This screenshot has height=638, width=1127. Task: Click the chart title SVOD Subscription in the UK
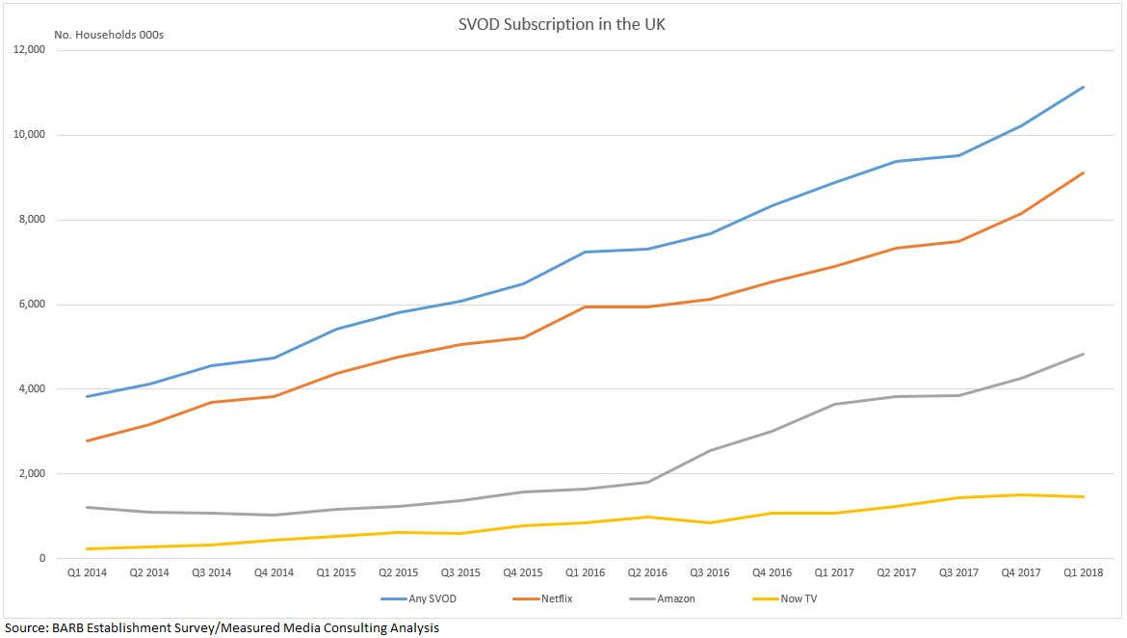pos(562,24)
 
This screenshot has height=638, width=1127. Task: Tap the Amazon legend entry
pos(674,598)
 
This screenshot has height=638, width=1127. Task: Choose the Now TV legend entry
pos(799,598)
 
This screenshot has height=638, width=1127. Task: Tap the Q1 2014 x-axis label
pos(88,572)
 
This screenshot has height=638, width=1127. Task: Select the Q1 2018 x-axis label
pos(1084,572)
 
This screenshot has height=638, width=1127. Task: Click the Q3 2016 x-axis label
pos(710,572)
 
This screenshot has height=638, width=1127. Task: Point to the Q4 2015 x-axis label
pos(523,572)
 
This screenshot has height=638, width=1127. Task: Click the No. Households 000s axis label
pos(109,36)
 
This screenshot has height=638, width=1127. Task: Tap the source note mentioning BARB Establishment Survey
pos(222,627)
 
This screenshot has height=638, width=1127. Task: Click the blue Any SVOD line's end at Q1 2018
pos(1084,87)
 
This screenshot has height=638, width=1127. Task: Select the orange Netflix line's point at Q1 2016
pos(586,306)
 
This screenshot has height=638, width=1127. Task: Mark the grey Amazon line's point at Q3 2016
pos(710,450)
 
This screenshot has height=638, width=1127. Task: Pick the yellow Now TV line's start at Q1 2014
pos(88,548)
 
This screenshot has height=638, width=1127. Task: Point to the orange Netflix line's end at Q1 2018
pos(1084,173)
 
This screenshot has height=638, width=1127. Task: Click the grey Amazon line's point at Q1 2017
pos(834,404)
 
